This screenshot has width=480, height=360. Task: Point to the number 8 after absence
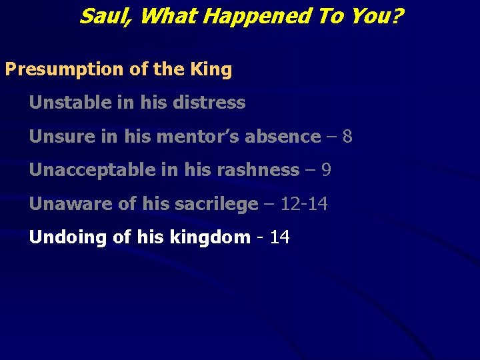[347, 137]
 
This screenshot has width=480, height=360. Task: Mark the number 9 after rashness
[326, 170]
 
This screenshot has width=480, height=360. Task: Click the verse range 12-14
[304, 204]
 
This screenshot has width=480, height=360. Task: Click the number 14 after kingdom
[280, 237]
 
